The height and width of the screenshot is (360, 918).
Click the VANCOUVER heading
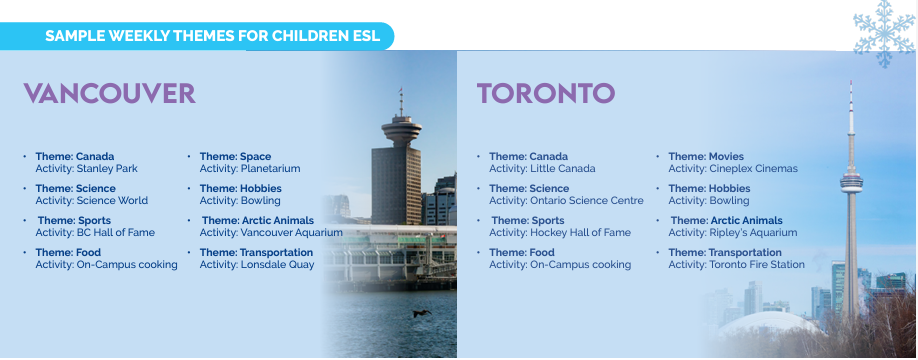click(x=109, y=94)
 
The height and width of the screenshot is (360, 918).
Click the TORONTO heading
click(x=546, y=94)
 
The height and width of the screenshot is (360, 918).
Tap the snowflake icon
click(x=884, y=32)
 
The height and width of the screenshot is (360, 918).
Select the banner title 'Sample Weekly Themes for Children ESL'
click(x=213, y=36)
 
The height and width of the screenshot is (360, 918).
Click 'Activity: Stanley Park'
click(x=87, y=169)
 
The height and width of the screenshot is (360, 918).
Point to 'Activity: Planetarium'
click(x=250, y=169)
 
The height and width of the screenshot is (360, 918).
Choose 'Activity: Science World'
click(x=92, y=201)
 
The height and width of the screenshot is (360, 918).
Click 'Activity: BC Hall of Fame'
click(x=95, y=232)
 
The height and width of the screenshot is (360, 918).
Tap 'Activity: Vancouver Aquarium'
click(x=271, y=233)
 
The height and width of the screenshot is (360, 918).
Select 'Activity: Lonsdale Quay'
click(x=257, y=265)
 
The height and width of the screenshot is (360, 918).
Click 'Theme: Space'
click(x=235, y=157)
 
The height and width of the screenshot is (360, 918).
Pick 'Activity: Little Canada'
click(x=542, y=169)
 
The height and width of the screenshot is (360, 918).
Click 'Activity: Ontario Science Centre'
click(x=566, y=201)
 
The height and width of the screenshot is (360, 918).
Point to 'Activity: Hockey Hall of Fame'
click(x=560, y=233)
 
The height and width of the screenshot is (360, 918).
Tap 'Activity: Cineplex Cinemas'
click(x=733, y=169)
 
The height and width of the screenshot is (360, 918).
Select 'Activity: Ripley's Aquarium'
click(x=733, y=233)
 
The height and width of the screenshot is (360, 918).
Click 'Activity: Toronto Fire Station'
click(x=737, y=265)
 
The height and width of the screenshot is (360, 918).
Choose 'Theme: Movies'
click(x=706, y=157)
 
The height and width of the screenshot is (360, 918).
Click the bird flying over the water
click(x=422, y=314)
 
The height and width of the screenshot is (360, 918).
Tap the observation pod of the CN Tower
click(x=851, y=182)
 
